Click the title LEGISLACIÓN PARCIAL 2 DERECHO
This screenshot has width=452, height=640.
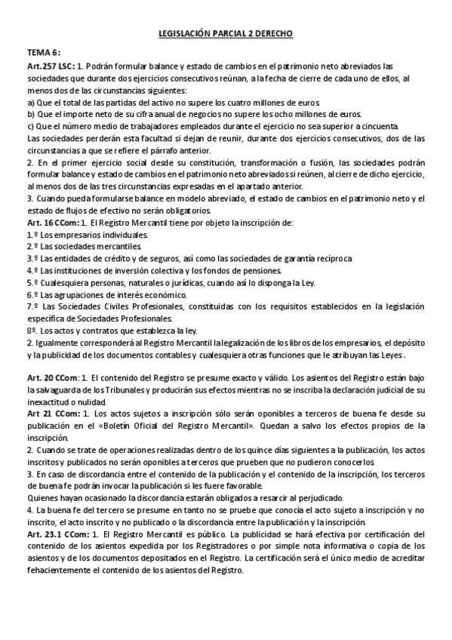(x=226, y=34)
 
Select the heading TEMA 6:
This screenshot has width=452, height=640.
(x=43, y=54)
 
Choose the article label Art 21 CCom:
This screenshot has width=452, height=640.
(x=51, y=414)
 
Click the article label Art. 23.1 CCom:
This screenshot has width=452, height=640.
(x=57, y=534)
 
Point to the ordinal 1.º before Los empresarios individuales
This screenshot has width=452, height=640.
(x=32, y=235)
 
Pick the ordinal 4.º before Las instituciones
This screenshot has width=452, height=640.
(x=32, y=270)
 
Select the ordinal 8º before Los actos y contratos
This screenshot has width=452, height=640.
(x=32, y=330)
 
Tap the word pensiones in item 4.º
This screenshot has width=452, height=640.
(x=261, y=270)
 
